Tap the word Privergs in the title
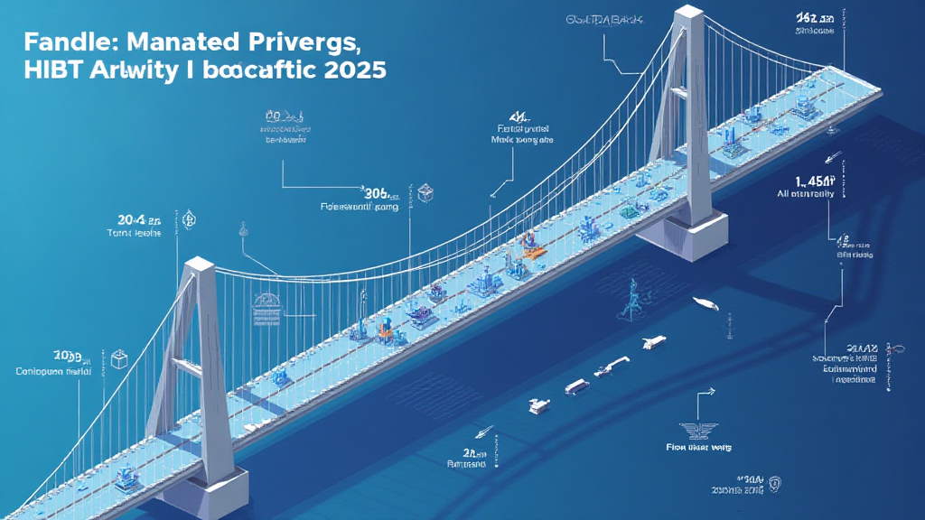(304, 42)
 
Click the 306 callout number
(378, 191)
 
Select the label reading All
(781, 193)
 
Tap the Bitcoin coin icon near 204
(189, 219)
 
